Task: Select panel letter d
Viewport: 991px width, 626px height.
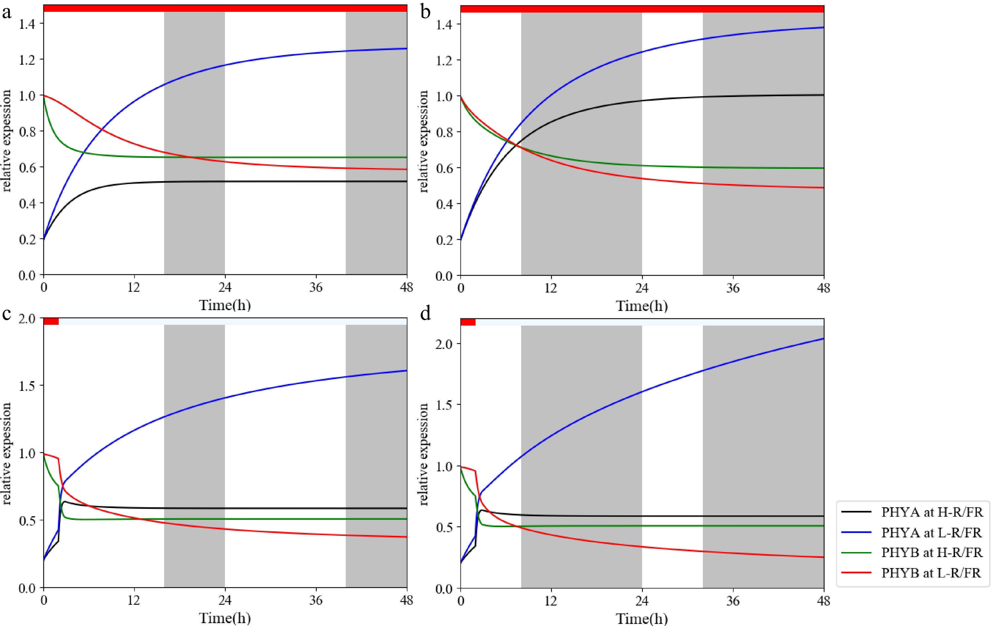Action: (425, 314)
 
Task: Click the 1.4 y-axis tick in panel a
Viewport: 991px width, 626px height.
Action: (27, 24)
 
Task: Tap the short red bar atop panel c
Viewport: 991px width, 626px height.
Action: (51, 321)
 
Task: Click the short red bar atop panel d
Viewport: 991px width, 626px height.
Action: (468, 322)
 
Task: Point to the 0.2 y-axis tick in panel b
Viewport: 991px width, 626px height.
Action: (444, 240)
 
